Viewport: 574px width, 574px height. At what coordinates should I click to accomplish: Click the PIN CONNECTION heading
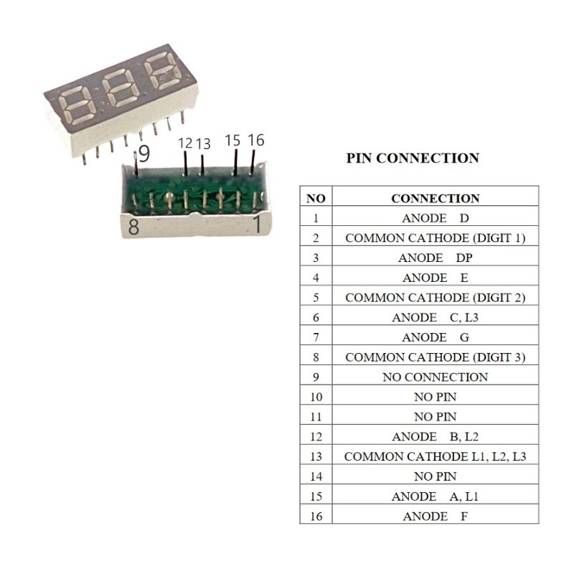click(x=413, y=159)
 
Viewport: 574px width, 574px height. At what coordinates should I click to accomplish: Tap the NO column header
click(x=316, y=198)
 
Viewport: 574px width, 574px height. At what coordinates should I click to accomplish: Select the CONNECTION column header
click(x=436, y=198)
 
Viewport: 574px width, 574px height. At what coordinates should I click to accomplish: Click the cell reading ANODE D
click(x=436, y=218)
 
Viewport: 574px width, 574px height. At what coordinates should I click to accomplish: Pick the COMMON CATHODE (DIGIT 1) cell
click(x=436, y=238)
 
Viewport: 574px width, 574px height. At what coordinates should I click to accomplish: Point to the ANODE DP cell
click(x=436, y=258)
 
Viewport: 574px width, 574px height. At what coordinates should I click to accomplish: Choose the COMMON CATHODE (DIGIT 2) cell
click(x=436, y=298)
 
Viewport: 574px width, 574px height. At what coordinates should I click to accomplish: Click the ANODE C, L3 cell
click(x=436, y=317)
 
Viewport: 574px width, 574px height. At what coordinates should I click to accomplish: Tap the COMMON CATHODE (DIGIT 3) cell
click(x=436, y=357)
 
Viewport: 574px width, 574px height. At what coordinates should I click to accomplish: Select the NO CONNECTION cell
click(x=436, y=377)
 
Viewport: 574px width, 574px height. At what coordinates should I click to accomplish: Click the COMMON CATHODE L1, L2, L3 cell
click(x=436, y=456)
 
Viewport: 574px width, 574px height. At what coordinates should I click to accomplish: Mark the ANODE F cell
click(x=436, y=516)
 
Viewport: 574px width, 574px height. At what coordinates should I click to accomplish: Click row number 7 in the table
click(x=316, y=337)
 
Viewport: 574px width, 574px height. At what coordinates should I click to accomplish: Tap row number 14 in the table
click(x=316, y=476)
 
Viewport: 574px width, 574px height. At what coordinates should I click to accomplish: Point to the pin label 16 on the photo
click(x=255, y=140)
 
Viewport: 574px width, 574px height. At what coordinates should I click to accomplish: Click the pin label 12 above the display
click(x=185, y=143)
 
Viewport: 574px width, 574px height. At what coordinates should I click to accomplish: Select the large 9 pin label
click(x=143, y=154)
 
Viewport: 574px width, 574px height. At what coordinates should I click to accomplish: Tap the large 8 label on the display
click(x=133, y=228)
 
